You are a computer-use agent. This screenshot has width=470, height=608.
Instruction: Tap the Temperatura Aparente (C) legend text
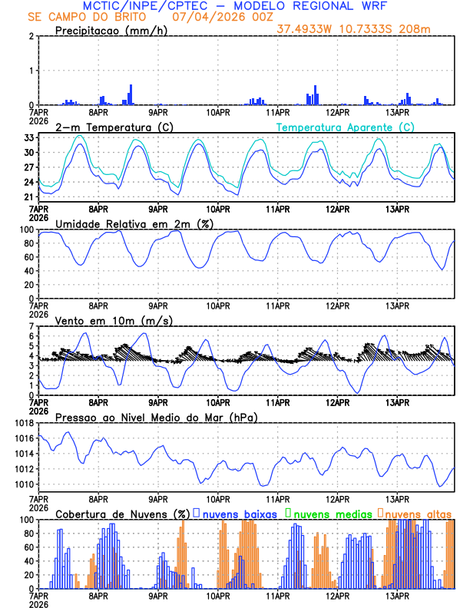point(345,127)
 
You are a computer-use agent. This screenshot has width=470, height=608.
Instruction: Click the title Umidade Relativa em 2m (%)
point(134,223)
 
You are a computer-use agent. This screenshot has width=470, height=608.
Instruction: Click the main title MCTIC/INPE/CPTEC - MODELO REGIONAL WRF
point(230,5)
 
